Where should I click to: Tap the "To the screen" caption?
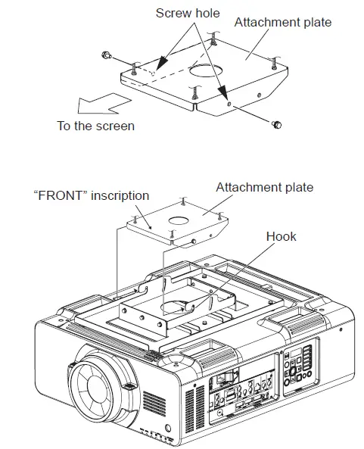coord(96,126)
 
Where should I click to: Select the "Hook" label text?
coord(281,236)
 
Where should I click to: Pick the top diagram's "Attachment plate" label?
coord(282,22)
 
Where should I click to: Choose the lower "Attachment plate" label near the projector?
coord(264,187)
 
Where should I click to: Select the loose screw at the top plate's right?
coord(277,124)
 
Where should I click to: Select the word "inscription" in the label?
coord(122,195)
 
